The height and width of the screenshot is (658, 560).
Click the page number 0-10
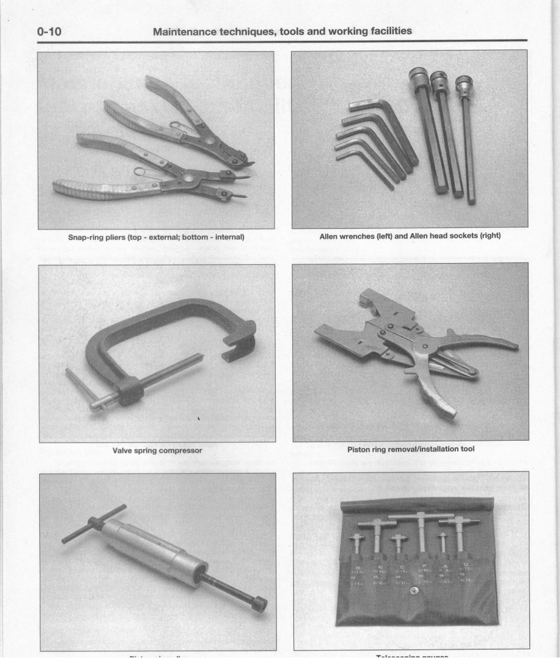click(53, 31)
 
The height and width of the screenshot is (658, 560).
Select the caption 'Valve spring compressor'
click(157, 450)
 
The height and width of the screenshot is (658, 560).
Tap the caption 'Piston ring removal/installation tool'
click(410, 449)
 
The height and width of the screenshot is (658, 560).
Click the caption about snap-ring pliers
click(156, 237)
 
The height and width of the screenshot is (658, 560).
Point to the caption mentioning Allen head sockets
click(410, 236)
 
